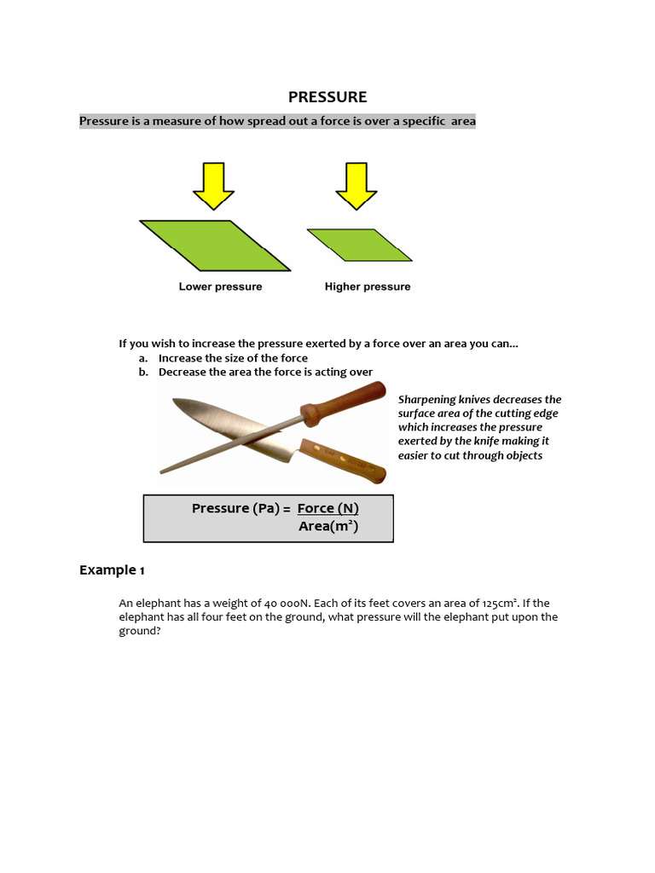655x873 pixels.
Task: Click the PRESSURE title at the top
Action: point(327,97)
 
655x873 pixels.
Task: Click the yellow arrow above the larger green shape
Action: point(213,185)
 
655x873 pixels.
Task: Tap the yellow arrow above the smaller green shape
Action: point(356,185)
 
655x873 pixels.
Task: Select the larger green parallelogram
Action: point(215,244)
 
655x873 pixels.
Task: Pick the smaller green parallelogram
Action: point(359,244)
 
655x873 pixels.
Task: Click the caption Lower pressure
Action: point(220,286)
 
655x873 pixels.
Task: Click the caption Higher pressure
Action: point(368,286)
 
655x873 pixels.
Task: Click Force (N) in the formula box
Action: point(327,508)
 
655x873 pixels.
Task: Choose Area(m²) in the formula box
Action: point(328,527)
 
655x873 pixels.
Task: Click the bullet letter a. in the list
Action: point(143,358)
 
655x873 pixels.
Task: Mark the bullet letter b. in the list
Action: point(143,372)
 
